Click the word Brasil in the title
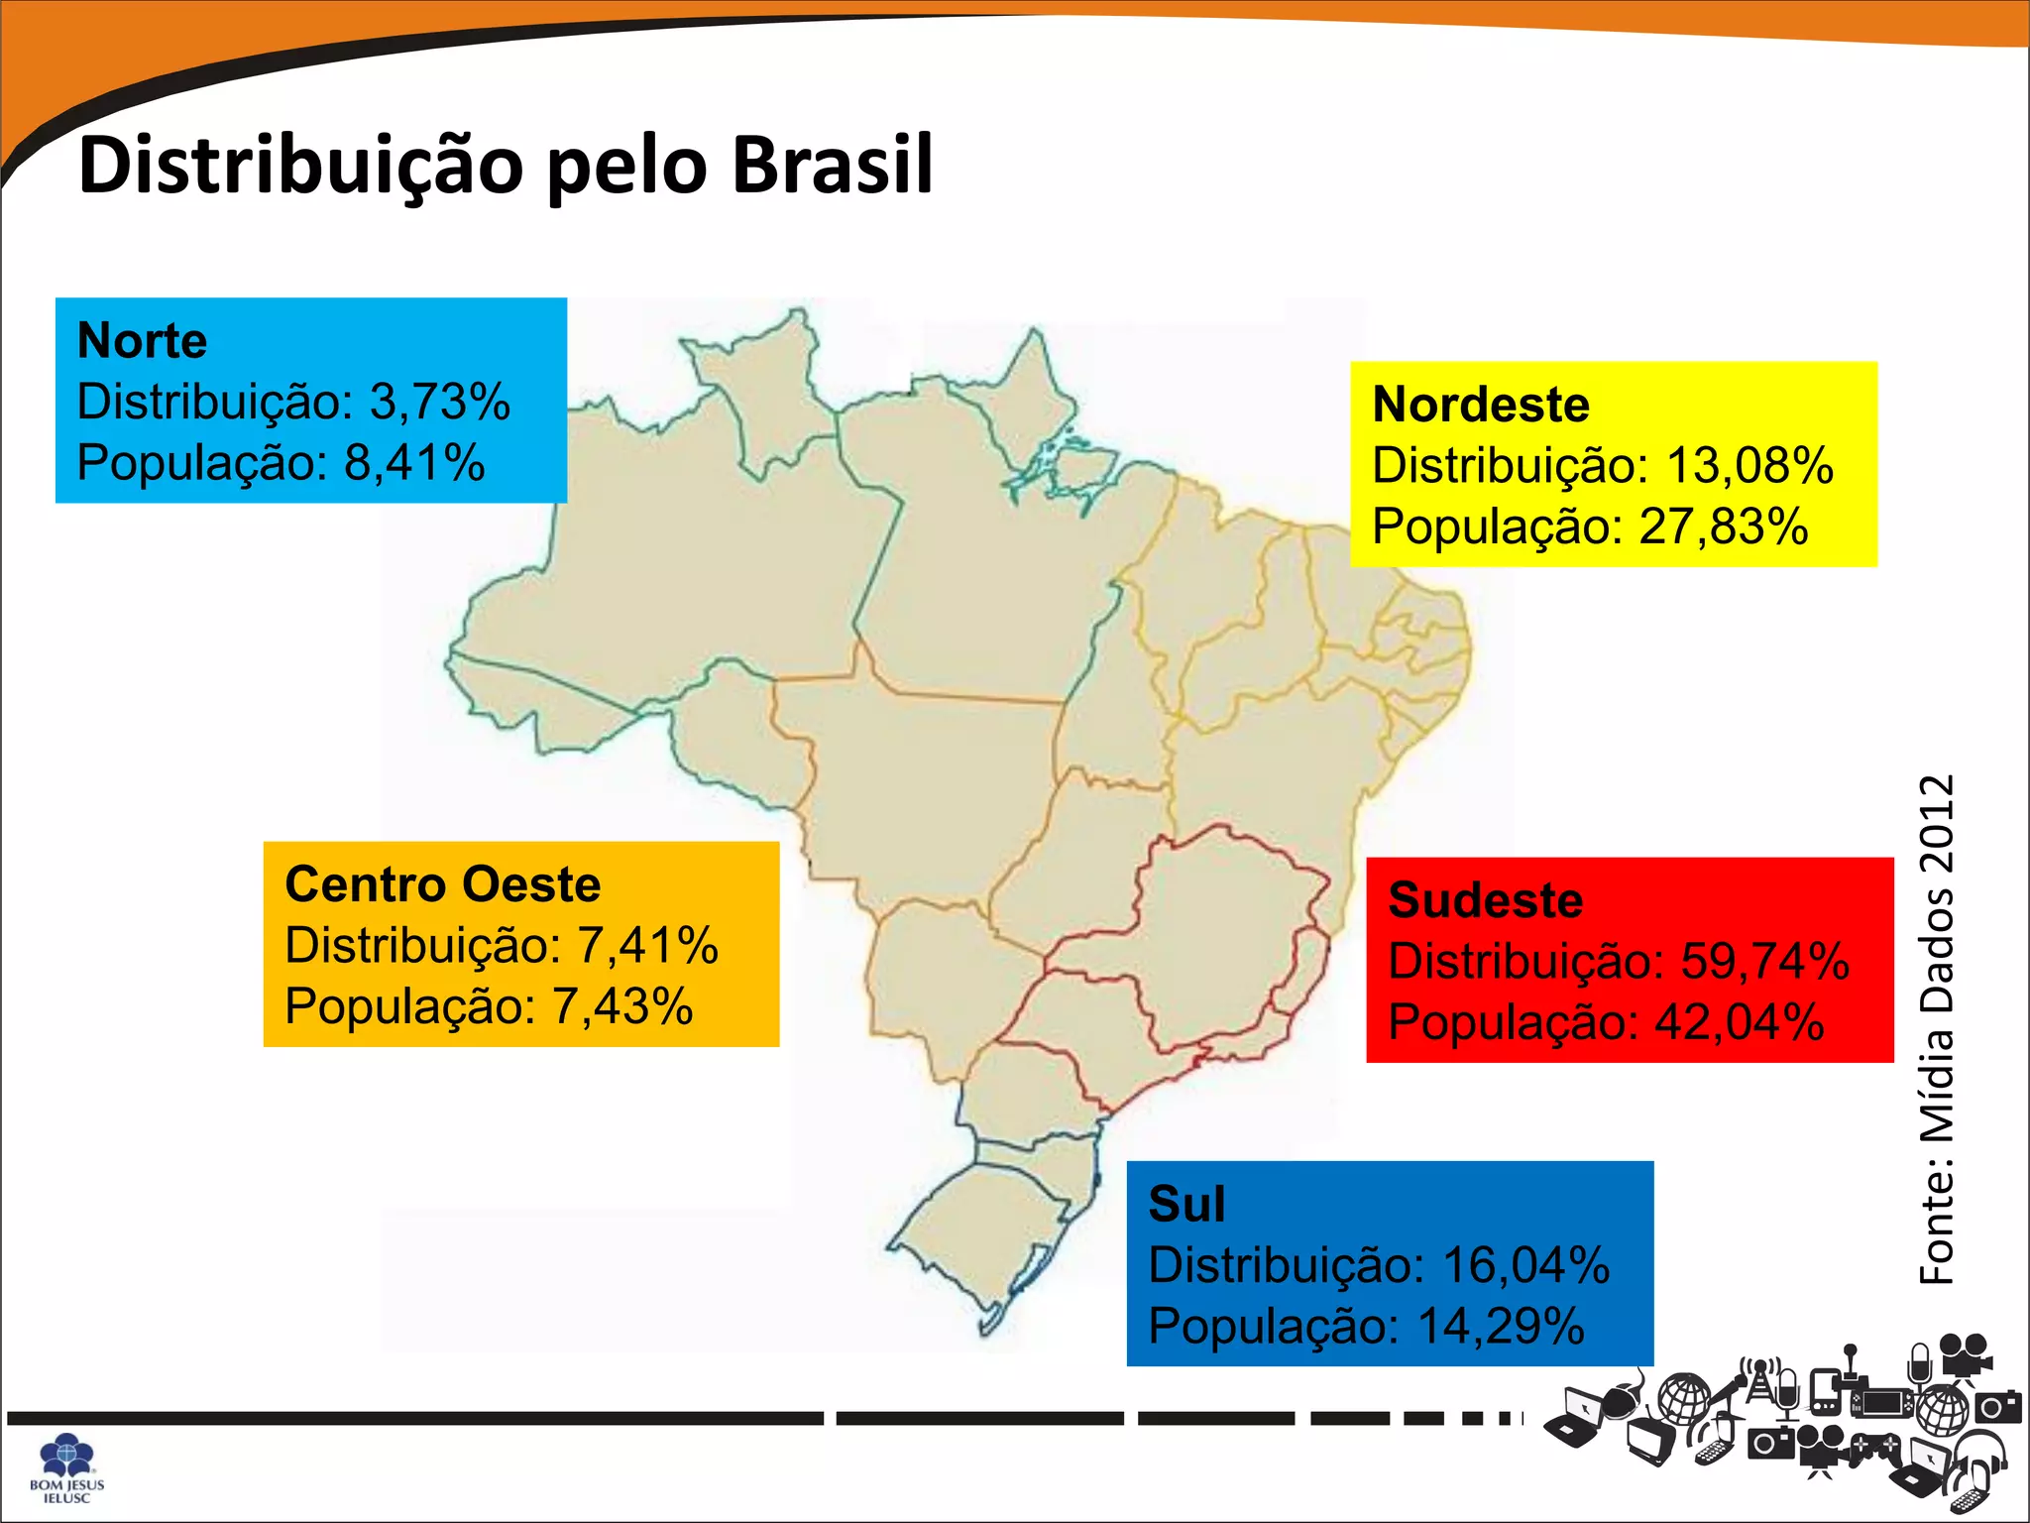coord(833,165)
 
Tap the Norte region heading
coord(143,341)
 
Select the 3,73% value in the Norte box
coord(440,403)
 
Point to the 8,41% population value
coord(414,463)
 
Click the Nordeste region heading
coord(1481,405)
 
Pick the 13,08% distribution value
coord(1749,466)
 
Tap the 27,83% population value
coord(1724,527)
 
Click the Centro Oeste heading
coord(443,884)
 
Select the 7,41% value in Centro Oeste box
coord(648,946)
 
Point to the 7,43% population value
coord(622,1006)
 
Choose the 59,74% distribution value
coord(1765,962)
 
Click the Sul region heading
coord(1186,1205)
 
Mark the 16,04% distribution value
coord(1525,1266)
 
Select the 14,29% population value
coord(1501,1327)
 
